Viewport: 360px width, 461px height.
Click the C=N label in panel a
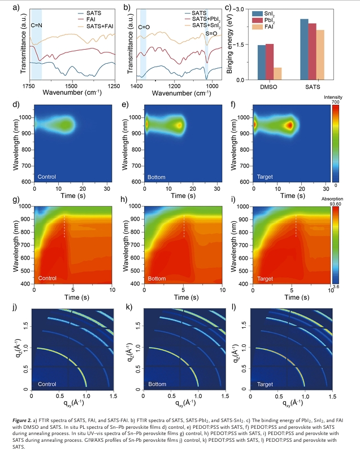pyautogui.click(x=36, y=25)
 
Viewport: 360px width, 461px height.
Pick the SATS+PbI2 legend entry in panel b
pyautogui.click(x=207, y=19)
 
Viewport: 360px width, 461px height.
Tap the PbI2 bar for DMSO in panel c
pyautogui.click(x=269, y=62)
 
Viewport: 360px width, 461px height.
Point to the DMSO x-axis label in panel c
pyautogui.click(x=269, y=87)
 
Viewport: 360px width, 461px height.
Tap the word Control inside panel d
pyautogui.click(x=47, y=177)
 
